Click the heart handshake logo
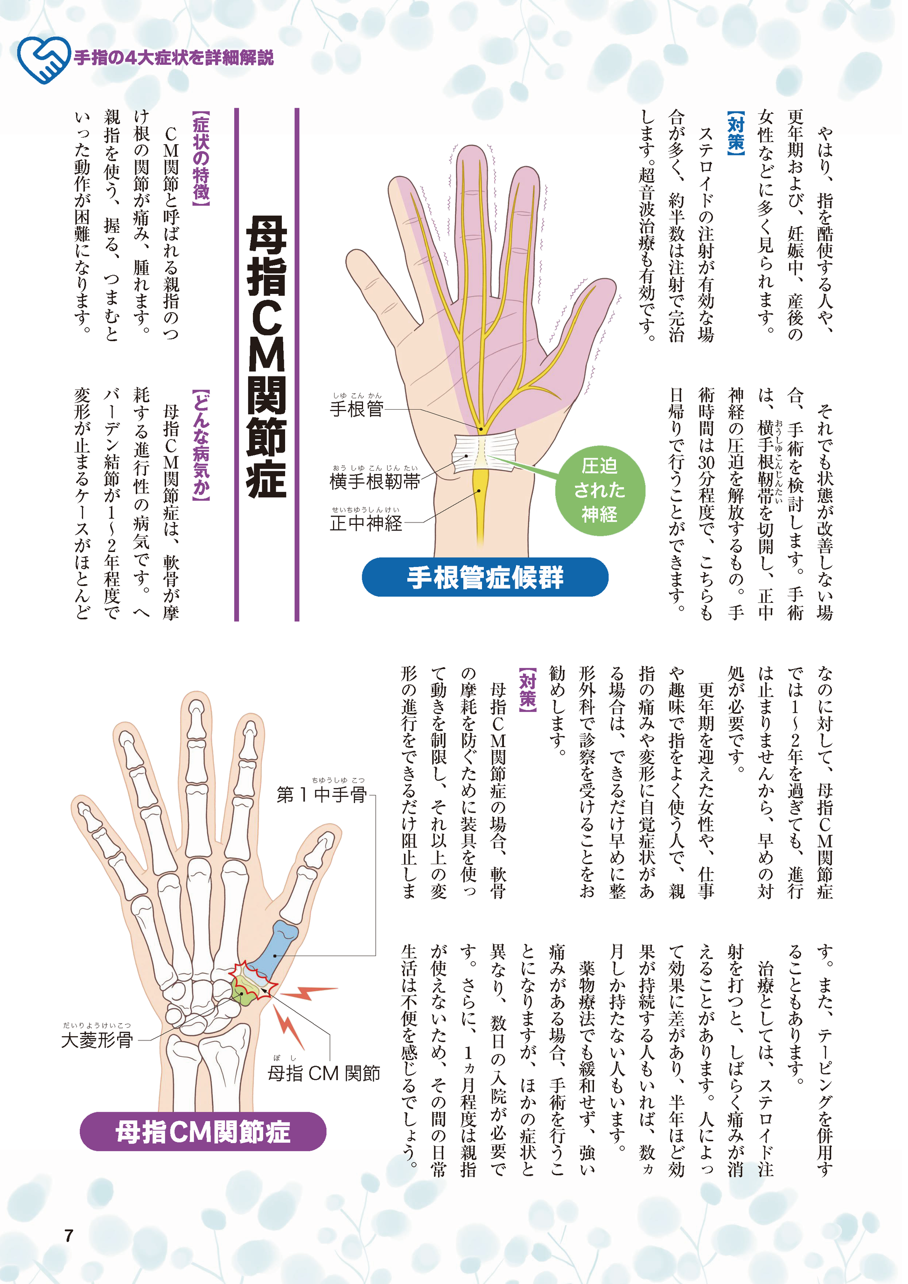click(43, 59)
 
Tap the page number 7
click(69, 1235)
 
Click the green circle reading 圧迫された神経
click(600, 490)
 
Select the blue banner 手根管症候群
click(485, 577)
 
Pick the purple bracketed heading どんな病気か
click(201, 445)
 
